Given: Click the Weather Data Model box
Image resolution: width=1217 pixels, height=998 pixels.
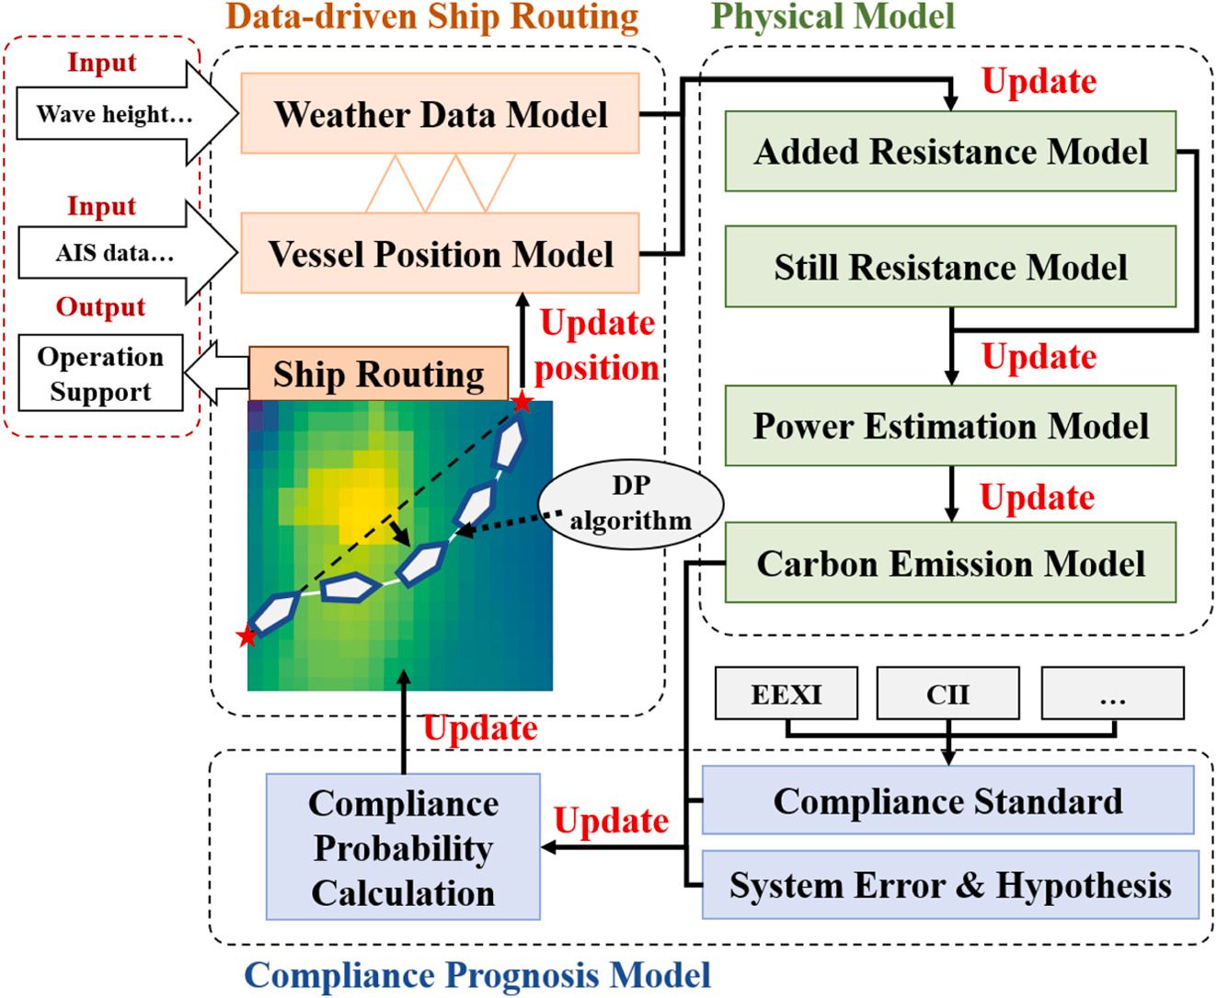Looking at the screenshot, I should pos(440,114).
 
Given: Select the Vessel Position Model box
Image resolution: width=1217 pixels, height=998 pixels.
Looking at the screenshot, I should pos(440,253).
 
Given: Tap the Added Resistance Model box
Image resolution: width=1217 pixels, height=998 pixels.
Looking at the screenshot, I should pos(950,152).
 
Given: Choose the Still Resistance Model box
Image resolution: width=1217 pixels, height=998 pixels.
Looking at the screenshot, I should pos(950,267).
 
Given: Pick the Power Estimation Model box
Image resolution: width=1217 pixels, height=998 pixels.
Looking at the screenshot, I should pos(950,426).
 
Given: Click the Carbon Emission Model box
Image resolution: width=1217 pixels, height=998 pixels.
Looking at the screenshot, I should pos(950,563).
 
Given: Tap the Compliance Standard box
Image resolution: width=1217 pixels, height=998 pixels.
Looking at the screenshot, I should pos(947,801).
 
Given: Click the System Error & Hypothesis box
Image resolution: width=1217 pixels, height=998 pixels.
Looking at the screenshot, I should pos(950,885).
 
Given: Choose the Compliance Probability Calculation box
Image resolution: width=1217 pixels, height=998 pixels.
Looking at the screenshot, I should pos(403,847).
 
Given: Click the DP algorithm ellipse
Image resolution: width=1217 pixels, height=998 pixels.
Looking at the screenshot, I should pos(630,504).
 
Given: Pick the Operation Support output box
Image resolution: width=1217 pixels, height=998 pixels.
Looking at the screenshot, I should pos(100,373).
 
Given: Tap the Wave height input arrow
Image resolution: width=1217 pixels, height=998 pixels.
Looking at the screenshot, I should pos(120,114).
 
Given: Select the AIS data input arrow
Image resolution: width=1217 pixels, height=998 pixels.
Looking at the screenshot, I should pos(120,253).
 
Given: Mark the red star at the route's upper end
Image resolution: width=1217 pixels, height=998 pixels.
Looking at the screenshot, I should pos(522,402).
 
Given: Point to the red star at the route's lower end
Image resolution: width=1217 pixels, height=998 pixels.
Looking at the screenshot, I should pos(246,637).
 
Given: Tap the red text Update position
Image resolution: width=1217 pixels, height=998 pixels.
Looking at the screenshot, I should pos(597,346).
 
